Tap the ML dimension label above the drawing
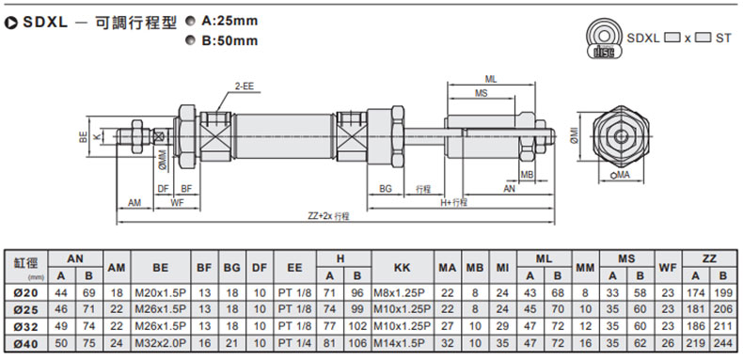[x=491, y=79]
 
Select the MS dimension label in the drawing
[x=481, y=93]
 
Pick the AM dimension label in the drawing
[x=134, y=203]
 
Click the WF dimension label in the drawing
[x=177, y=203]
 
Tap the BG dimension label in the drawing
[x=386, y=189]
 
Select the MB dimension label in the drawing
[x=528, y=174]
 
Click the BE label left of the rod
[x=84, y=137]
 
